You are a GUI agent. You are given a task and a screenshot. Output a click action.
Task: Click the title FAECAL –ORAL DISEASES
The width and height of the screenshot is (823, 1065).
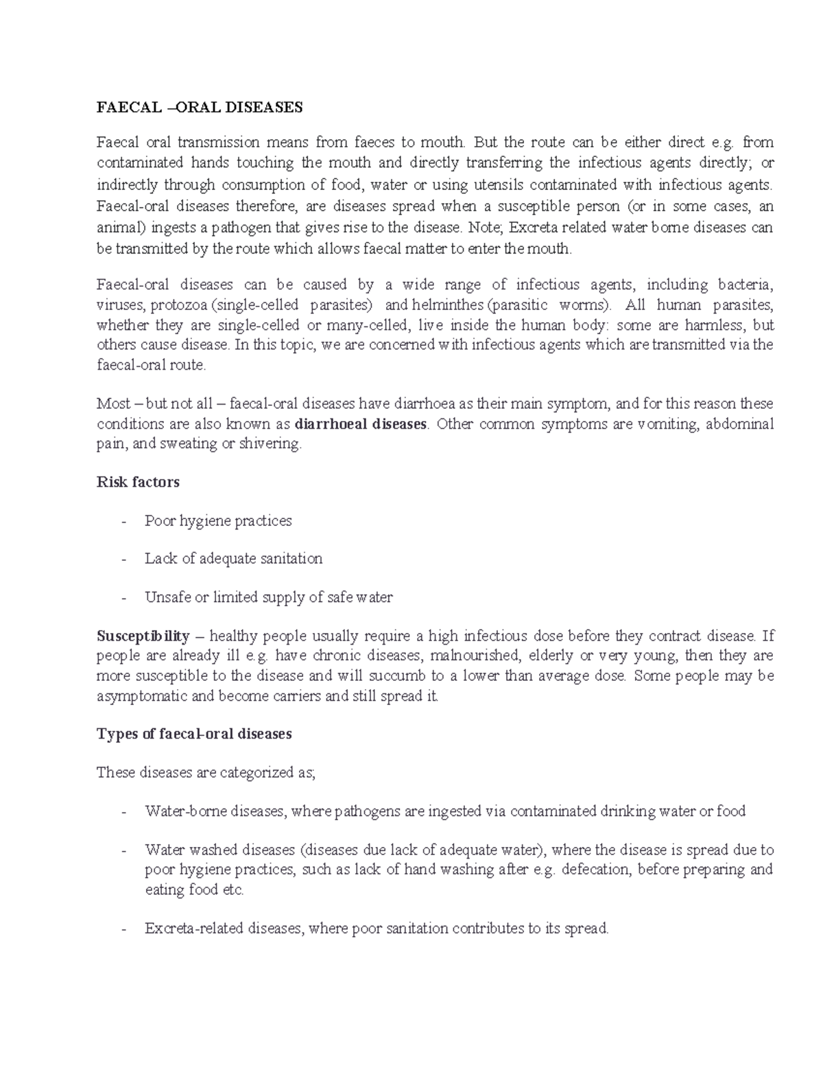point(199,108)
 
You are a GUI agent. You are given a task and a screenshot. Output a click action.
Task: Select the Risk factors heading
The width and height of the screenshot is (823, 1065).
point(138,482)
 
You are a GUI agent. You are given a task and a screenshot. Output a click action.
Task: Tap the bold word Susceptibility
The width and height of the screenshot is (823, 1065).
point(143,636)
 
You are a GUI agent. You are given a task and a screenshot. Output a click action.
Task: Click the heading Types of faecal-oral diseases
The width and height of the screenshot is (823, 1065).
point(194,734)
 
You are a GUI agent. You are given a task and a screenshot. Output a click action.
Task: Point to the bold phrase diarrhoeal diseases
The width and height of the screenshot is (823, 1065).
point(361,424)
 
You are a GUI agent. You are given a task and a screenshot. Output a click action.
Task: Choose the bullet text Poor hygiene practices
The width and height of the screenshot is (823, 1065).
point(218,520)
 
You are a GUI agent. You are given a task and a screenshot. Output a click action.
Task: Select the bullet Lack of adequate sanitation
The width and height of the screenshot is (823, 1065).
point(233,559)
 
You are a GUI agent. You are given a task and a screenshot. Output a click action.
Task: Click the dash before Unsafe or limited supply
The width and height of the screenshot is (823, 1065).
point(123,598)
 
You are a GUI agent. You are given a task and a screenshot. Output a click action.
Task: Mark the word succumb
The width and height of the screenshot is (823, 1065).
point(397,675)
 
